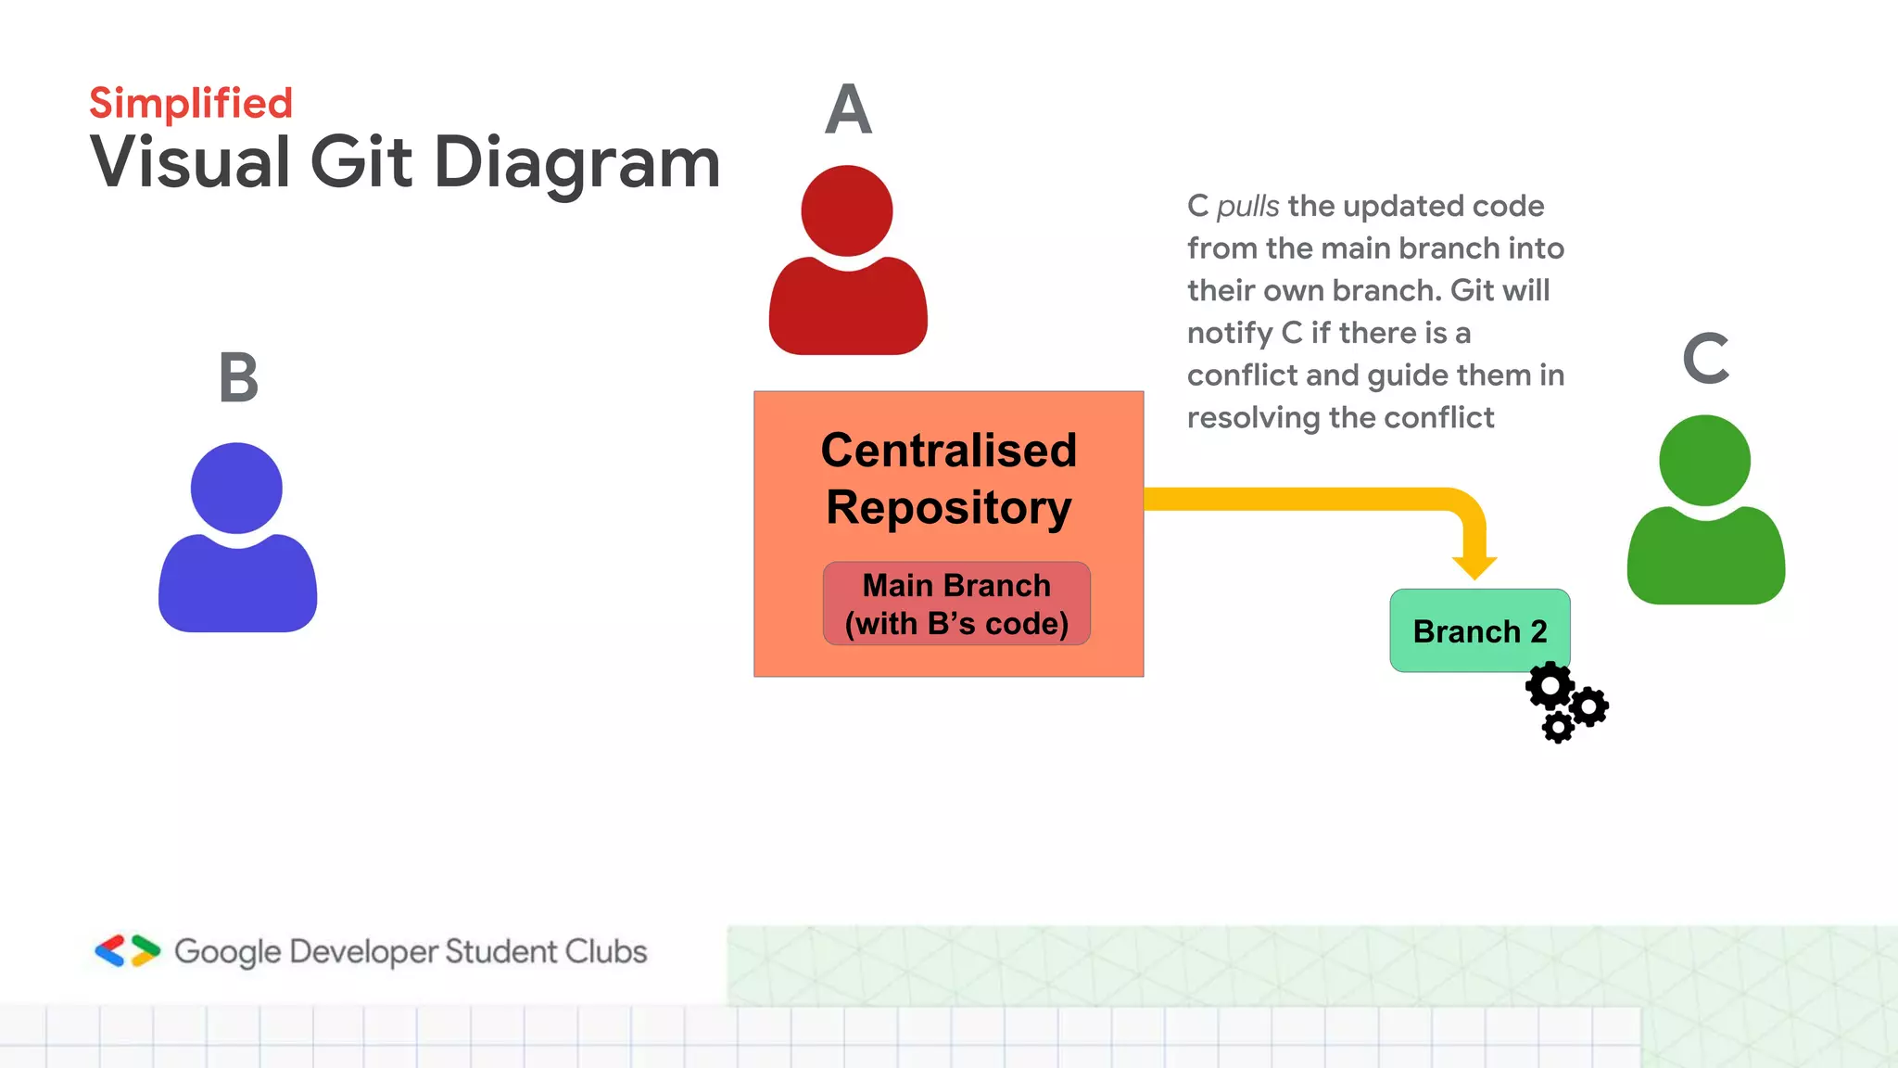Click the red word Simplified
click(191, 103)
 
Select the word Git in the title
click(361, 162)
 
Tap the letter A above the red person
click(848, 109)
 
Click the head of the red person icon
click(847, 210)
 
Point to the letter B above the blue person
click(238, 377)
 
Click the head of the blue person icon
click(236, 488)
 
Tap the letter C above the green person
click(1705, 359)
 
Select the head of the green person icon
click(1704, 461)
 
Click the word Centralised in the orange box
click(949, 451)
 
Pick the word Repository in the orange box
click(949, 508)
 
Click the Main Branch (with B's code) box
click(956, 604)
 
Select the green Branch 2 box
click(1480, 631)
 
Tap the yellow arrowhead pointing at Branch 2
click(1474, 566)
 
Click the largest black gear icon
click(1550, 687)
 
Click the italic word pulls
click(1247, 206)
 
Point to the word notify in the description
click(1230, 333)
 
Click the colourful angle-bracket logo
click(127, 951)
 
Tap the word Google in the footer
click(227, 952)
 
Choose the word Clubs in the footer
click(606, 951)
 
